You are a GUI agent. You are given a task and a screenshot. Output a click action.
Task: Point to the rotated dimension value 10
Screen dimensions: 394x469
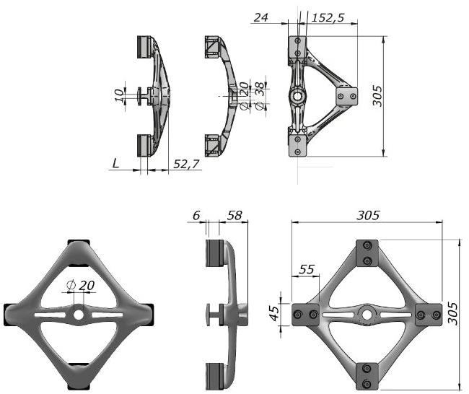120,95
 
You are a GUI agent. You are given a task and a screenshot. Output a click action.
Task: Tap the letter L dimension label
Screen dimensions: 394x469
115,164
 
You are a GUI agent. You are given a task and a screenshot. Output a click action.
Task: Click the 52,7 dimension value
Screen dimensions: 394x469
187,165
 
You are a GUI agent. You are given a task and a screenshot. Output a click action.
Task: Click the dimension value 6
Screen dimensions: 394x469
197,215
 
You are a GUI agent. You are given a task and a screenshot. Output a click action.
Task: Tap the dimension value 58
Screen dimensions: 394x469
234,215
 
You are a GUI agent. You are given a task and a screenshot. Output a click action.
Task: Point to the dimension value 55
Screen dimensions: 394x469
307,268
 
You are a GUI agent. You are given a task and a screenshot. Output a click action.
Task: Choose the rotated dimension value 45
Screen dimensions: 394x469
275,314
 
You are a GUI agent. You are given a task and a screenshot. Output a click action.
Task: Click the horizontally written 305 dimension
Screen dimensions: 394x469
368,215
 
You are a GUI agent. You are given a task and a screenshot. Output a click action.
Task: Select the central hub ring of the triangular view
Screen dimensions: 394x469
297,96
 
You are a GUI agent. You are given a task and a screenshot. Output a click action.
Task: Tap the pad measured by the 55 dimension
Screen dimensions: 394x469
305,314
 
